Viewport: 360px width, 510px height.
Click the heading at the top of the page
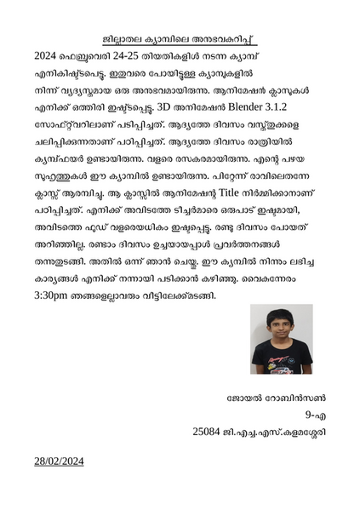pos(180,39)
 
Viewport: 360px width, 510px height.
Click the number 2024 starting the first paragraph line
pos(43,55)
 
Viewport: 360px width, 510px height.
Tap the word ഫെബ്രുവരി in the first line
pos(88,55)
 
